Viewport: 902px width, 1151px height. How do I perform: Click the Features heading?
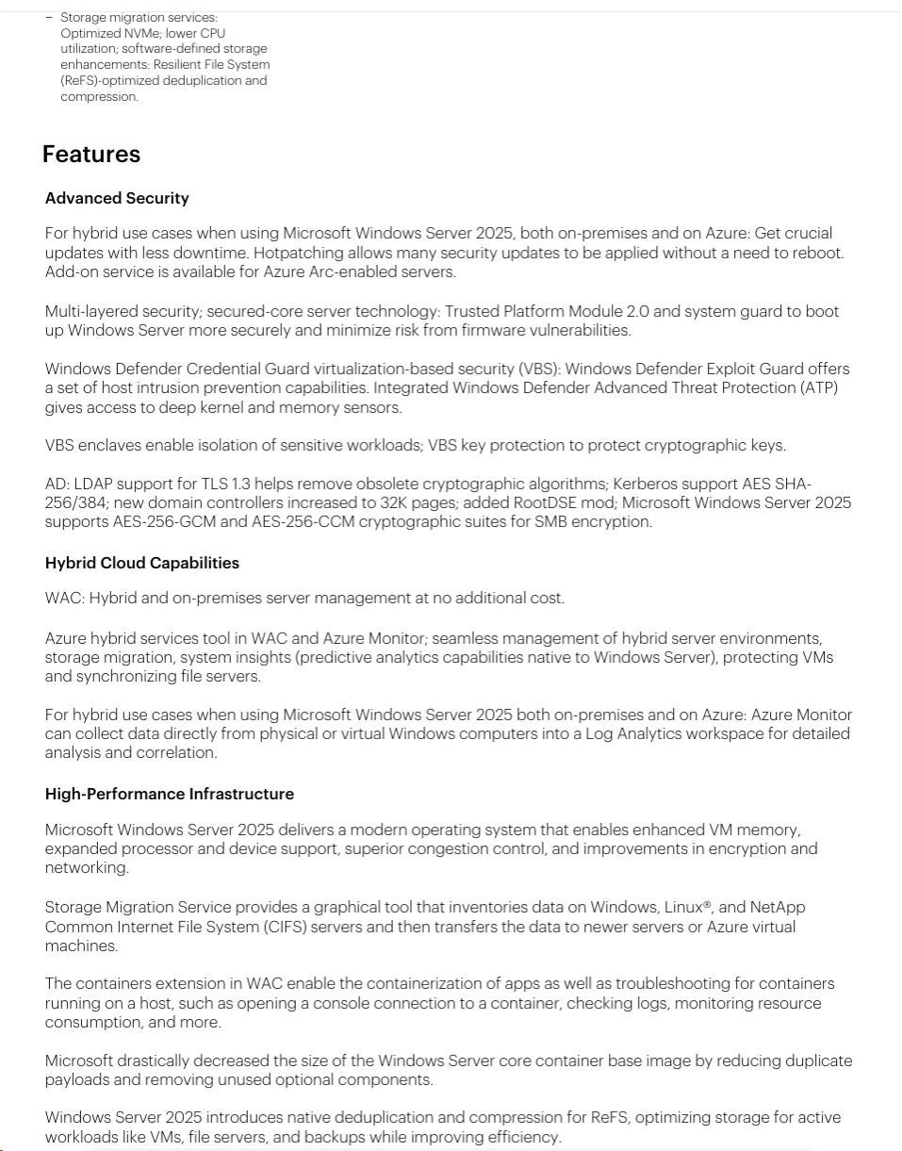pyautogui.click(x=91, y=155)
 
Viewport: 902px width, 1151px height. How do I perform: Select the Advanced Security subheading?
pyautogui.click(x=117, y=198)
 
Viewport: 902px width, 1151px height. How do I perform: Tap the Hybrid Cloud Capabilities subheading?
pyautogui.click(x=142, y=563)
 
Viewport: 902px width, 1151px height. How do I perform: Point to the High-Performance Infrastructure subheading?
pyautogui.click(x=170, y=794)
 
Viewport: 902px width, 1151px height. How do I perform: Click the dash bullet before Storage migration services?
pyautogui.click(x=49, y=17)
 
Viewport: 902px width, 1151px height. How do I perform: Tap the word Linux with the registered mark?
pyautogui.click(x=689, y=907)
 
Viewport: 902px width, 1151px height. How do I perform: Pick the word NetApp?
pyautogui.click(x=778, y=907)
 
